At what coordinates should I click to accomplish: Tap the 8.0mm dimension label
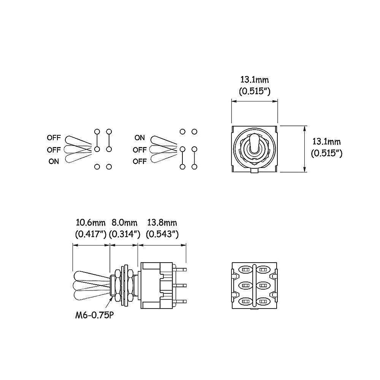[x=124, y=223]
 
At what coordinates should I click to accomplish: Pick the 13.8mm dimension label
[x=162, y=223]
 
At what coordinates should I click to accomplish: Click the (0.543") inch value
[x=162, y=234]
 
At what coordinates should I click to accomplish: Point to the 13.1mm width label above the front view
[x=255, y=80]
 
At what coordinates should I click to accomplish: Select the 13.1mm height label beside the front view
[x=326, y=142]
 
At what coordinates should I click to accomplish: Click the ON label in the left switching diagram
[x=54, y=161]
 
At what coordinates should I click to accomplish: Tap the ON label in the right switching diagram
[x=140, y=138]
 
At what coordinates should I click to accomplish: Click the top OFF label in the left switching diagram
[x=54, y=138]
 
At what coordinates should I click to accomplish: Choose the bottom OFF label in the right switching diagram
[x=140, y=161]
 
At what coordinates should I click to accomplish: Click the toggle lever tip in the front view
[x=254, y=140]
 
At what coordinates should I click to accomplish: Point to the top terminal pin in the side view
[x=182, y=269]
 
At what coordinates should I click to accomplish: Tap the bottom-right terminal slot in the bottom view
[x=264, y=301]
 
